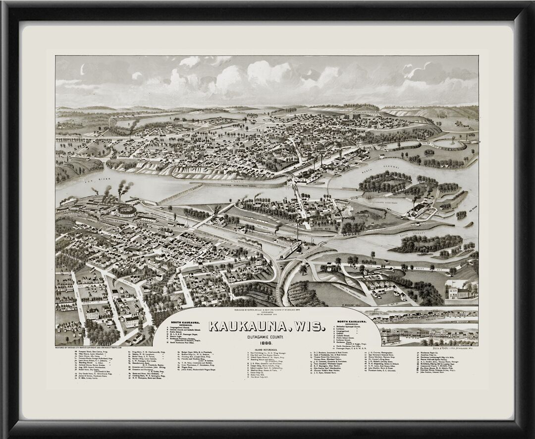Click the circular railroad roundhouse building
(126, 212)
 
